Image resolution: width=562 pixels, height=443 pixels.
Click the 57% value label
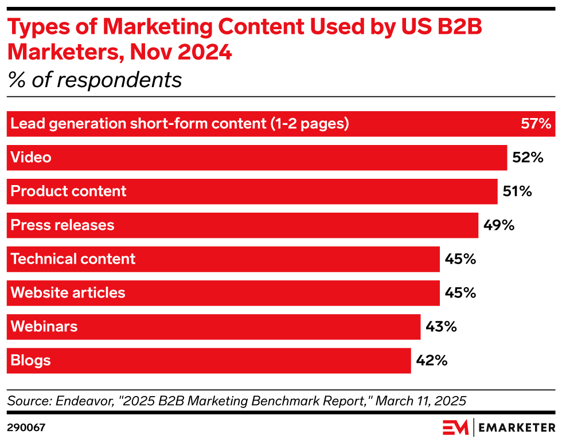pos(536,124)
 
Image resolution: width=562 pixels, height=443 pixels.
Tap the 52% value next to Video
pos(528,158)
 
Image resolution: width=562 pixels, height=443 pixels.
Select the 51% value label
pos(517,191)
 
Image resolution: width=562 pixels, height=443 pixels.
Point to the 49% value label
pos(498,225)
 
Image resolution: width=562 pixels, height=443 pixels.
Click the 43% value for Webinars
pos(441,327)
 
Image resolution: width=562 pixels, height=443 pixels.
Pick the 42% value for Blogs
pos(431,360)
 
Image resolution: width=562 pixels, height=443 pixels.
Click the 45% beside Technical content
pos(460,259)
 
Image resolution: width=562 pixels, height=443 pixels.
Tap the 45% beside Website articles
pos(460,293)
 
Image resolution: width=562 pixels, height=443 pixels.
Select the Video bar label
pos(31,157)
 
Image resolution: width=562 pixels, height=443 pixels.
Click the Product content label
pos(68,191)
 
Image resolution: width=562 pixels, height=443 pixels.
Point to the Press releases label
pos(63,225)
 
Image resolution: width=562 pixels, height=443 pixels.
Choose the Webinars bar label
pos(44,326)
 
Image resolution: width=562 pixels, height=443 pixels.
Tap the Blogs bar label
pos(30,360)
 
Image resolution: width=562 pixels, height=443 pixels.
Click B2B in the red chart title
pos(459,26)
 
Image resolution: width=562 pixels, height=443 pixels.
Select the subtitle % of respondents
pos(95,80)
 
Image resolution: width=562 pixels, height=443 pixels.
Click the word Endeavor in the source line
pos(85,401)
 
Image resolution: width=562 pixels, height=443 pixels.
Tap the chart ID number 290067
pos(26,428)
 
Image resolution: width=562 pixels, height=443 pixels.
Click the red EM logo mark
pos(455,428)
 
